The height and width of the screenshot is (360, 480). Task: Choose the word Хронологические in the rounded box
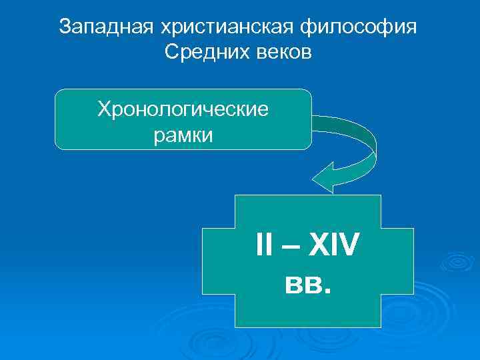(x=183, y=109)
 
